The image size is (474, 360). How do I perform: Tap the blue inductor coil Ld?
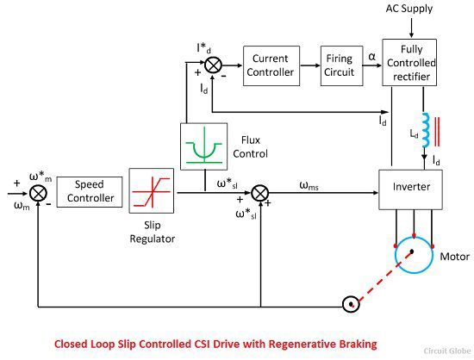tap(425, 130)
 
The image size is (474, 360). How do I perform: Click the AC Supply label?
tap(409, 9)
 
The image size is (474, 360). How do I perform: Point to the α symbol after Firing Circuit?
tap(372, 57)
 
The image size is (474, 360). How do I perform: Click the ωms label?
tap(309, 185)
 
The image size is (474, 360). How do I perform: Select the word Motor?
tap(455, 257)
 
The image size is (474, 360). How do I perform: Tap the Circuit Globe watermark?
tap(447, 351)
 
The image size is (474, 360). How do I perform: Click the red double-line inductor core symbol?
tap(437, 132)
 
